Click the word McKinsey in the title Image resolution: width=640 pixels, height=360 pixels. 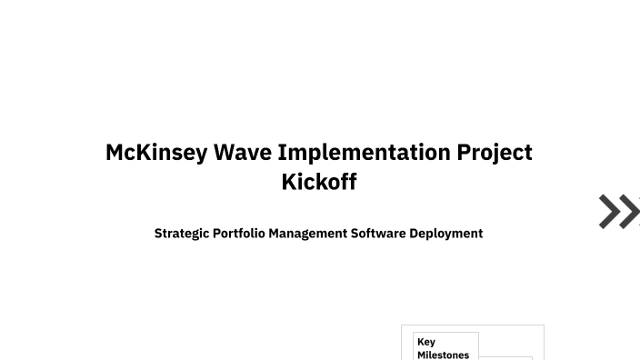click(156, 152)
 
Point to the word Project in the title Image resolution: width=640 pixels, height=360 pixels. click(495, 152)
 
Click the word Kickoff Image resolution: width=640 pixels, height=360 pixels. click(319, 181)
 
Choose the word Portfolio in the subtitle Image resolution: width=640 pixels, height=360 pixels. click(238, 234)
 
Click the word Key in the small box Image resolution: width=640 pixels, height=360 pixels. click(425, 342)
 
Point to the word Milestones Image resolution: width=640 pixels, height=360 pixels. click(443, 355)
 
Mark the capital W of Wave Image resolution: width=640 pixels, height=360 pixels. click(225, 152)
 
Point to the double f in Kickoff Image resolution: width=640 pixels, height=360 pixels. click(346, 181)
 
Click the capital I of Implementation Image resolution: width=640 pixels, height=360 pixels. click(283, 152)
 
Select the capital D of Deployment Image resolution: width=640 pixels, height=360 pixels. click(414, 234)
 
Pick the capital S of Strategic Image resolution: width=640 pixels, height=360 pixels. click(158, 234)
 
